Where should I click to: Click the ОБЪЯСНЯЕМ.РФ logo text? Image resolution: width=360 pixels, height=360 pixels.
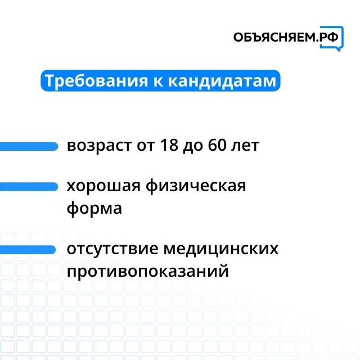coord(286,37)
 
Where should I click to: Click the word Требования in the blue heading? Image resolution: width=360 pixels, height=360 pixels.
coord(96,81)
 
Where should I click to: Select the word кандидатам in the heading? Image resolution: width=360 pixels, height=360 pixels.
coord(222,81)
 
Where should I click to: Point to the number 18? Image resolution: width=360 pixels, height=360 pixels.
coord(169,145)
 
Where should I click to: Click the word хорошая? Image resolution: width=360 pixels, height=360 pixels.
coord(103,186)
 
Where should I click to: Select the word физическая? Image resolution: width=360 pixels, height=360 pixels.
coord(196,186)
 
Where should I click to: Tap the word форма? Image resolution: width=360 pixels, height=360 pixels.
coord(94,209)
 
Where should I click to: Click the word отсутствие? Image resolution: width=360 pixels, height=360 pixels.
coord(112,249)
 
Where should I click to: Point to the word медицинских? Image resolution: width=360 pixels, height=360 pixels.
coord(221,249)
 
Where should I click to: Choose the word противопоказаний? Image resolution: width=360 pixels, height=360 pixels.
coord(148,271)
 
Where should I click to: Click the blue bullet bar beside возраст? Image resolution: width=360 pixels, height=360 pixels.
coord(29,146)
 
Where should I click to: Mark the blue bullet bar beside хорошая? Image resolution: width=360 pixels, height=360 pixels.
coord(29,187)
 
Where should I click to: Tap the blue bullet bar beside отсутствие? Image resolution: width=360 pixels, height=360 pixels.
coord(28,250)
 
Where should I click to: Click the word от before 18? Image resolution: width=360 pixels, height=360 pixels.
coord(146,146)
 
